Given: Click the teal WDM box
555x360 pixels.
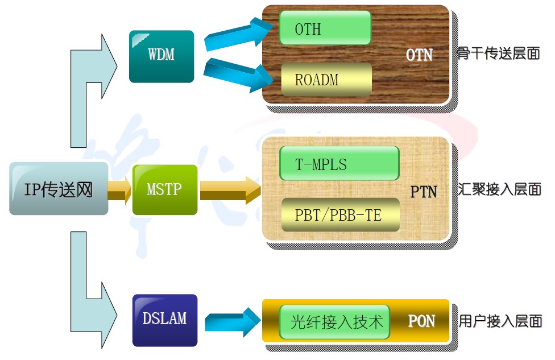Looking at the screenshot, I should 161,56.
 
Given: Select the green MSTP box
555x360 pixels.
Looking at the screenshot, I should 164,189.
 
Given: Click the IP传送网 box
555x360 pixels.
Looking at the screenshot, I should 59,188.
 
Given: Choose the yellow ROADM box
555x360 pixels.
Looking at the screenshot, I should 326,80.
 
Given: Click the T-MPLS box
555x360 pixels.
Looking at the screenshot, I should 339,164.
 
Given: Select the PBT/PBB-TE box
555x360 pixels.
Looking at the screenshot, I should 339,215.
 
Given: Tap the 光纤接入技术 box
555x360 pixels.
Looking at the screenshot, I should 336,322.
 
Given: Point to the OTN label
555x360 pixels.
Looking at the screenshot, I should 419,55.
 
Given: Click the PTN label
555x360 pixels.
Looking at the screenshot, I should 424,192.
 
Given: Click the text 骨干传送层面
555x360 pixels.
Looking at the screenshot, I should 498,54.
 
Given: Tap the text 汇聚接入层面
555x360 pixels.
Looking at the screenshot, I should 499,189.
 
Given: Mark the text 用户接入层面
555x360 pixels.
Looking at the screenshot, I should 500,321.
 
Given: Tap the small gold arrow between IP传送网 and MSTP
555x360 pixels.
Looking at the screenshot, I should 119,189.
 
